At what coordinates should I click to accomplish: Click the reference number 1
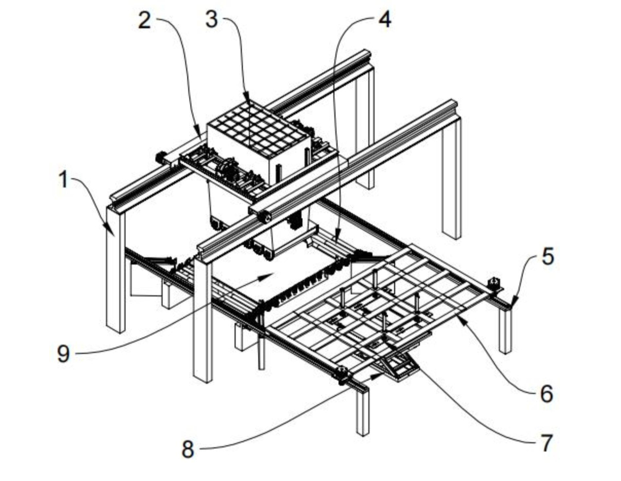pos(63,181)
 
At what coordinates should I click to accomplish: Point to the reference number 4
pos(384,20)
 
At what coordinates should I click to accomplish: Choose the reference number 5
pos(547,257)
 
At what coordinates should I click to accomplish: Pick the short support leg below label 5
pos(505,331)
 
